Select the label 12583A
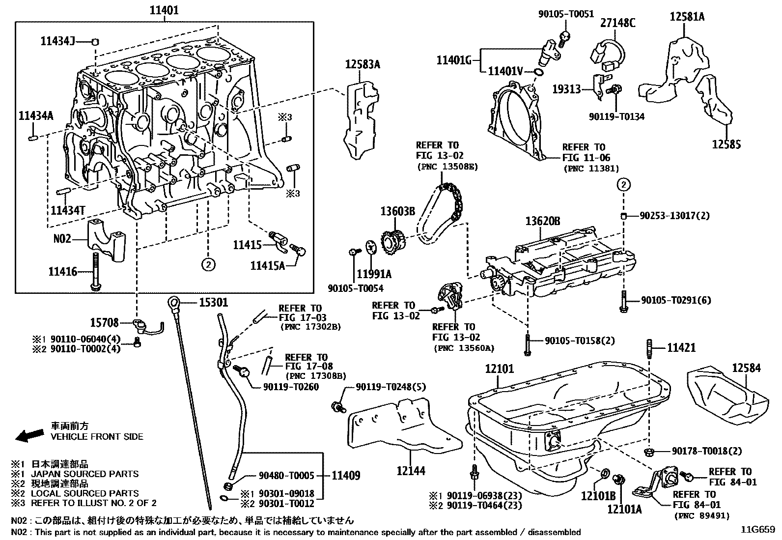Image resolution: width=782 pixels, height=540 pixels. [x=363, y=64]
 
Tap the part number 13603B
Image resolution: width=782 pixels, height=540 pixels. [x=397, y=212]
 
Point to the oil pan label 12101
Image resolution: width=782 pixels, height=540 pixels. [x=499, y=368]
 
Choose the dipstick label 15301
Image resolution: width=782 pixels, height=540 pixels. [x=213, y=303]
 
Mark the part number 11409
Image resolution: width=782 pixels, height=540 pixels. [x=346, y=475]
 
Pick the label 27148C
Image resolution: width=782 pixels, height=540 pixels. [x=617, y=23]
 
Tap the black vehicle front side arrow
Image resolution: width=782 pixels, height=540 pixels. [x=28, y=435]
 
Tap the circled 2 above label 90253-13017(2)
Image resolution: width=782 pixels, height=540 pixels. [x=623, y=185]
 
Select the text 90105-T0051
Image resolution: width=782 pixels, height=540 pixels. [x=566, y=15]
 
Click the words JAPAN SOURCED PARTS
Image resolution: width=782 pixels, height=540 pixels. [x=84, y=474]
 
